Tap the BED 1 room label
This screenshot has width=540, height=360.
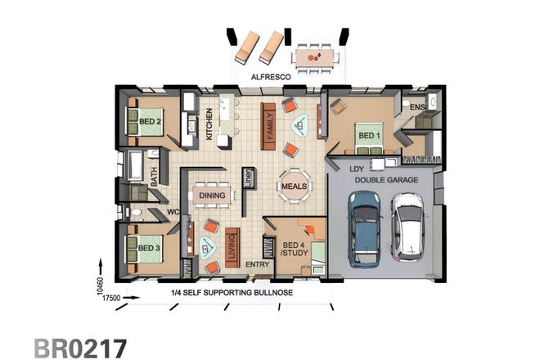click(x=370, y=135)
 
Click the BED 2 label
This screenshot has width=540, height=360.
click(x=149, y=122)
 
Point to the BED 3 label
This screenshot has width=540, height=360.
click(x=148, y=248)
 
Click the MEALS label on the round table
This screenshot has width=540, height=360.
click(x=294, y=186)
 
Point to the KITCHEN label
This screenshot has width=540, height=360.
click(x=209, y=124)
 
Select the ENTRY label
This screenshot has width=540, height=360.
click(x=257, y=264)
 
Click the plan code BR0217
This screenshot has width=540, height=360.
click(x=80, y=346)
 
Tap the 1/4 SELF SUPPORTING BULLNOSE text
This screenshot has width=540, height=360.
click(x=232, y=292)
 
